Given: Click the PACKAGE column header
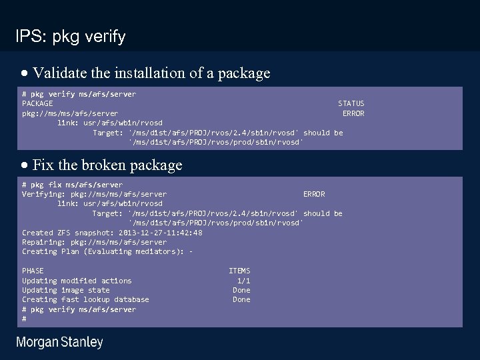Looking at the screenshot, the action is point(37,103).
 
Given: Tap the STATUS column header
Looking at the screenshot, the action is point(351,103).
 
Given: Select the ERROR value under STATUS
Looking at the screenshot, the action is point(353,113).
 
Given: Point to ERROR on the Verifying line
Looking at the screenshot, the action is point(314,194).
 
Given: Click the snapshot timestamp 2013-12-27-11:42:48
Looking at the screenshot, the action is point(160,233).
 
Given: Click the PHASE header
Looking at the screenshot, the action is point(33,271).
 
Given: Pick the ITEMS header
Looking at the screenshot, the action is point(239,271).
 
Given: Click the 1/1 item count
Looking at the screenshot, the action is point(243,281).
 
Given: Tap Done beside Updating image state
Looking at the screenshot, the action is point(241,290).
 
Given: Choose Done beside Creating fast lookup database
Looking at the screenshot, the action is point(241,299).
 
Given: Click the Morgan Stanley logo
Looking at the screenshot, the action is point(59,343).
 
